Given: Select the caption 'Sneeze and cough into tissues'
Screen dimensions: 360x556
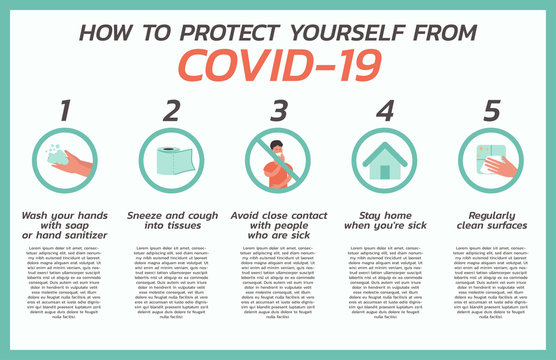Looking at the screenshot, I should [171, 220].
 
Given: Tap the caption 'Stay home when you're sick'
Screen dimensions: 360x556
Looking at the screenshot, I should [385, 220].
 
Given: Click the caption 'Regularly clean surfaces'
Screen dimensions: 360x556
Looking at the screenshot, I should [491, 220].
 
